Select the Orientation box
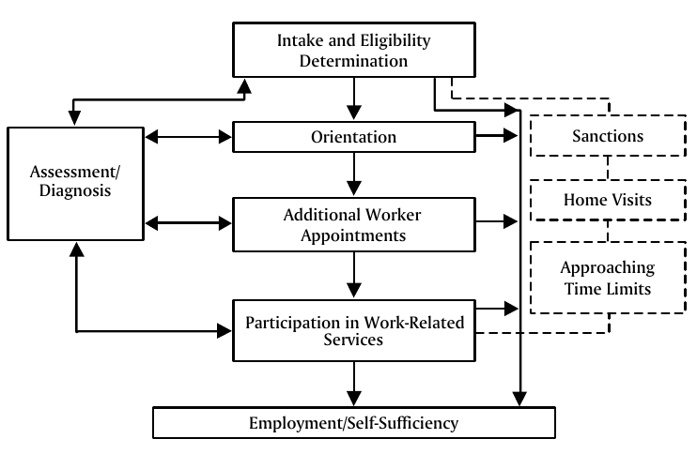point(354,137)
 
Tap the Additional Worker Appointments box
point(354,224)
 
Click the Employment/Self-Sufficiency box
point(354,423)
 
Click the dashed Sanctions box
point(608,137)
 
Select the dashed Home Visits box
point(608,200)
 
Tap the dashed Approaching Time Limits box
point(608,277)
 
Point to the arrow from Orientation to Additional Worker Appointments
point(354,174)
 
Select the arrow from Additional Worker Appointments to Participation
point(354,274)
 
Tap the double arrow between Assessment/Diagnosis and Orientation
point(188,137)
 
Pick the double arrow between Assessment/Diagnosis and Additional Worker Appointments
point(188,223)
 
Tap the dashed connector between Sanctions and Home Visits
point(608,169)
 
